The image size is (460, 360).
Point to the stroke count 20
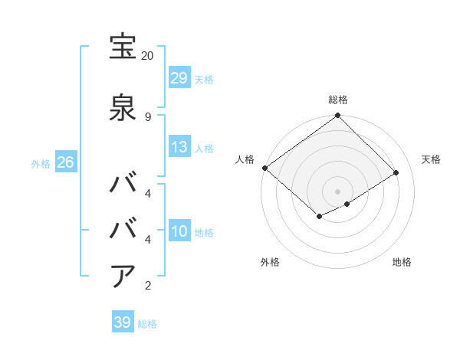[147, 56]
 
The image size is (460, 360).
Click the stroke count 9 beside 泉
[147, 116]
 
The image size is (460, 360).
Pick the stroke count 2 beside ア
[147, 286]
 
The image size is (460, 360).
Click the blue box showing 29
[179, 78]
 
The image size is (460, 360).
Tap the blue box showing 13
[179, 147]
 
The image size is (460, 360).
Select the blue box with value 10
[179, 231]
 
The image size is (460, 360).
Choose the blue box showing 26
[65, 163]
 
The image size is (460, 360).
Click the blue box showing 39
[123, 322]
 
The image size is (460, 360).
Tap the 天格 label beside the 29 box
[204, 79]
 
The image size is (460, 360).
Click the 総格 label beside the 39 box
[147, 323]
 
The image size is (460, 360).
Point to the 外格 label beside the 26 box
[41, 164]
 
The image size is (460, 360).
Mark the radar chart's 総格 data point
[337, 116]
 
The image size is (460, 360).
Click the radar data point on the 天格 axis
[396, 173]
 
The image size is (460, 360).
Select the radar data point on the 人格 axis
[264, 168]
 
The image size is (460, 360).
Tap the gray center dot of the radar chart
[337, 191]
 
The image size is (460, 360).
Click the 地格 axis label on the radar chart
[402, 263]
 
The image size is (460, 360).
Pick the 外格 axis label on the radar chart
[270, 263]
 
